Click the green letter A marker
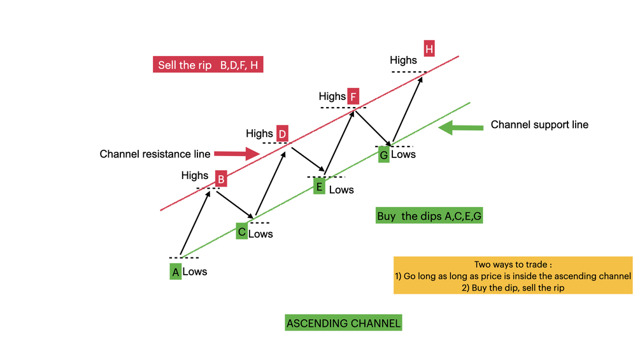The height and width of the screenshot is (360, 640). [x=176, y=271]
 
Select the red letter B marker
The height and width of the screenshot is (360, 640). [x=220, y=179]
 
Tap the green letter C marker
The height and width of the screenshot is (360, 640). [x=241, y=231]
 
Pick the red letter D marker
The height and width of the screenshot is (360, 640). [x=282, y=134]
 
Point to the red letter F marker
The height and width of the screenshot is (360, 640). [x=353, y=97]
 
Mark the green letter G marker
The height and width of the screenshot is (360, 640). [x=383, y=154]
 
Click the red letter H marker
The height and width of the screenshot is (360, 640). [x=429, y=48]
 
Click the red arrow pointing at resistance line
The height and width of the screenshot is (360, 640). [x=236, y=154]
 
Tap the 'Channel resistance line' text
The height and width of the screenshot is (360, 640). [x=155, y=154]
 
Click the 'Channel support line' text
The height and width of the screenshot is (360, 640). [x=539, y=125]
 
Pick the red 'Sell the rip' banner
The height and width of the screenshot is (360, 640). [x=208, y=65]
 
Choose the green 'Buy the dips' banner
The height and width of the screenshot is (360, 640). [x=430, y=216]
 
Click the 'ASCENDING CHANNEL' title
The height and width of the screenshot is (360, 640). [x=344, y=323]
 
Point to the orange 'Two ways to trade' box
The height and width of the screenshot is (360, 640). [x=513, y=275]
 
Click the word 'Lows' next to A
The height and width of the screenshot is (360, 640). [x=195, y=272]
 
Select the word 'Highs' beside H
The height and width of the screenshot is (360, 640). [x=403, y=61]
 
